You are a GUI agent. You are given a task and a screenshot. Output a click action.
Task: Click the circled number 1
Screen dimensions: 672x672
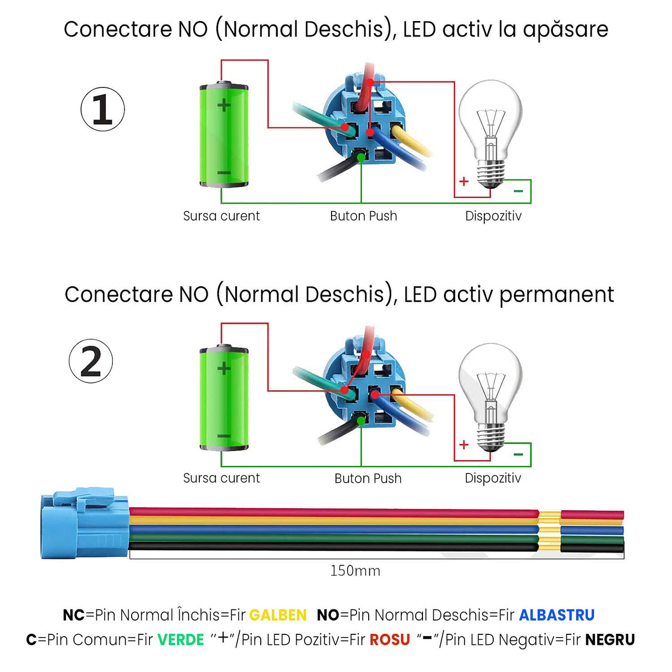click(102, 109)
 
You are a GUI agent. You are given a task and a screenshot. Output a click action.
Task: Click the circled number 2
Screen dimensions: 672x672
click(91, 361)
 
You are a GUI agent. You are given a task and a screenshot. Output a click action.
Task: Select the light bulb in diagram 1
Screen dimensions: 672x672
click(490, 133)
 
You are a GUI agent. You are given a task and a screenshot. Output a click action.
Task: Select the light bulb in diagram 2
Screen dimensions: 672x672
click(490, 396)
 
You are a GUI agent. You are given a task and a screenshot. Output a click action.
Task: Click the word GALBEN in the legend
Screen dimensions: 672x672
click(278, 615)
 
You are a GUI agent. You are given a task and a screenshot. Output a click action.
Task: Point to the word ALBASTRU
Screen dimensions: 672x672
click(556, 615)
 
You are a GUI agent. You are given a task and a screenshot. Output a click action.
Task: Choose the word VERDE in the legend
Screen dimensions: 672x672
click(180, 640)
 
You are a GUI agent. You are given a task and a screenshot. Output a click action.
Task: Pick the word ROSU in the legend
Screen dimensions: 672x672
click(390, 640)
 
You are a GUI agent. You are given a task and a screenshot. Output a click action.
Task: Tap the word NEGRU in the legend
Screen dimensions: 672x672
click(610, 640)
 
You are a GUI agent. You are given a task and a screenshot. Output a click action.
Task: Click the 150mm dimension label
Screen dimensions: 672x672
click(355, 571)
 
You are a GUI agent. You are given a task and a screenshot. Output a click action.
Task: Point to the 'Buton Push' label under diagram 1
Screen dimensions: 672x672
click(363, 216)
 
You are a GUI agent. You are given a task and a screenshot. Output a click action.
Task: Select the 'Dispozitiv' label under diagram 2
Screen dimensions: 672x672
click(493, 478)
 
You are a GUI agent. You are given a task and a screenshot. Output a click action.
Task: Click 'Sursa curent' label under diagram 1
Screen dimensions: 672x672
click(221, 216)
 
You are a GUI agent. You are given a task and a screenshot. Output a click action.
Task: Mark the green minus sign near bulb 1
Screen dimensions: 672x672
click(518, 191)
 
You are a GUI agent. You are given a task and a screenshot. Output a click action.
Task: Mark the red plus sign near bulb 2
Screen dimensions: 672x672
click(464, 444)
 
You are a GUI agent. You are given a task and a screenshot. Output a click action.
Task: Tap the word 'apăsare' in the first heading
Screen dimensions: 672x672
click(565, 30)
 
